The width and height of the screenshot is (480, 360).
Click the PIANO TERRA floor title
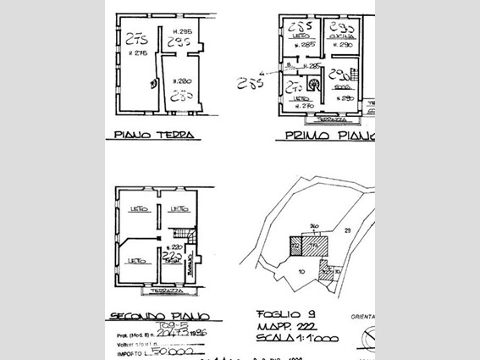[x=154, y=135]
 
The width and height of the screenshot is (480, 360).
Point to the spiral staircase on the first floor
[x=315, y=84]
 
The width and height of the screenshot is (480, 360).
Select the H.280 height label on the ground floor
[x=180, y=81]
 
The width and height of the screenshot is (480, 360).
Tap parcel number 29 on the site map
[x=347, y=230]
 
